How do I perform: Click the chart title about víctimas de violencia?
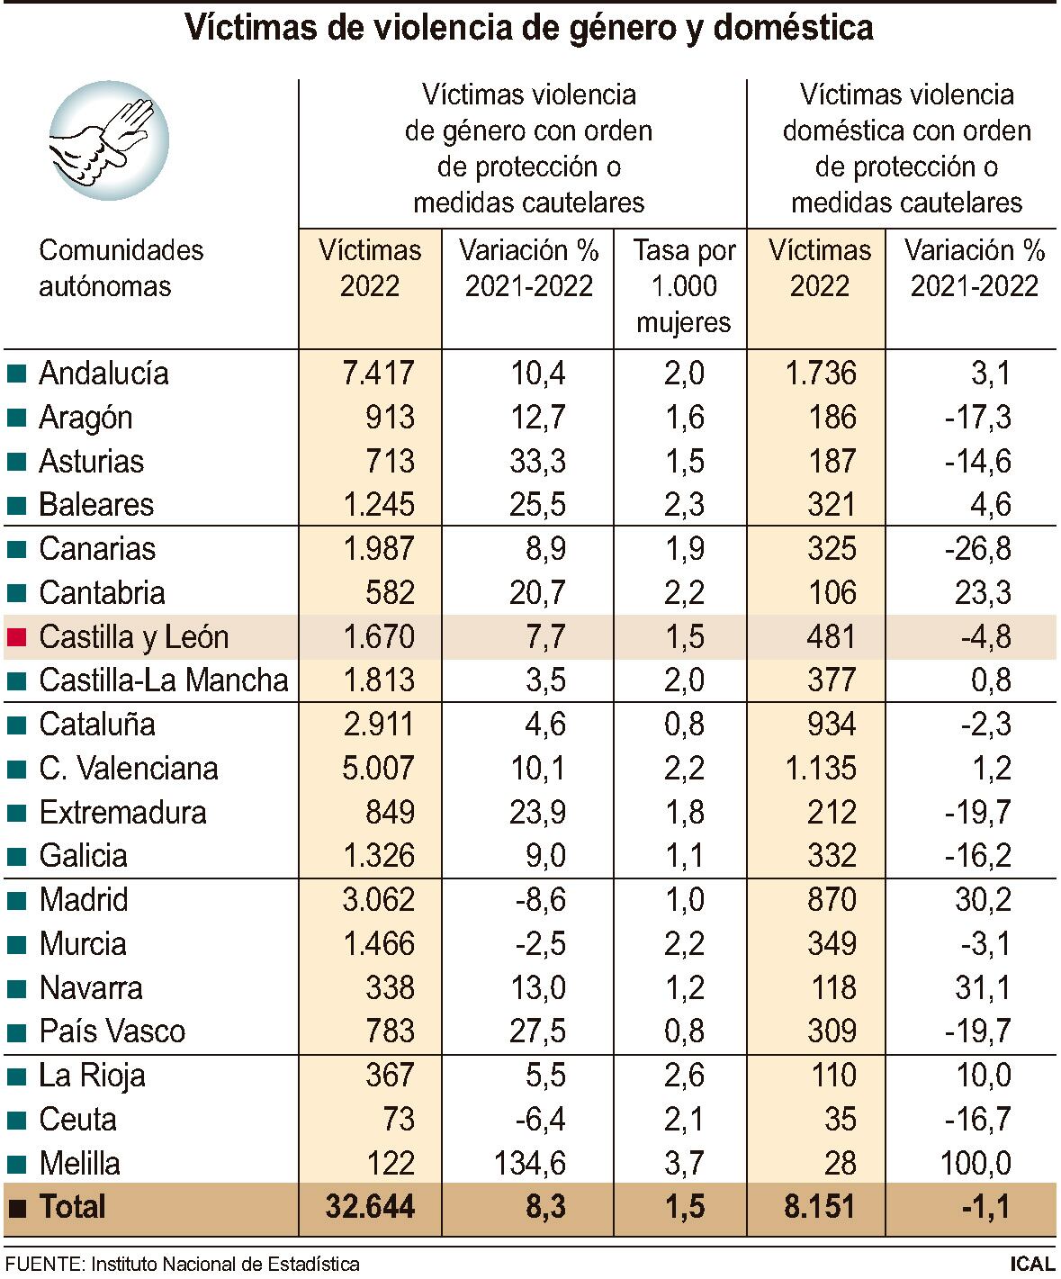coord(529,28)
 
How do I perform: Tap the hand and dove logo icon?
coord(108,140)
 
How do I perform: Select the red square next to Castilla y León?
coord(16,637)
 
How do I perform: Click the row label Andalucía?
coord(103,374)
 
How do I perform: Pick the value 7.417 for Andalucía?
coord(378,374)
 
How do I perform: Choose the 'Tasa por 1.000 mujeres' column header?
coord(683,286)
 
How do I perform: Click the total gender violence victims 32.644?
coord(371,1207)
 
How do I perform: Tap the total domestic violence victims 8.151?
coord(819,1207)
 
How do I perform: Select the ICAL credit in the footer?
coord(1031,1264)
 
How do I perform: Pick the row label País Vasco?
coord(112,1031)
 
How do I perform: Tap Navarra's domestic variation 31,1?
coord(983,987)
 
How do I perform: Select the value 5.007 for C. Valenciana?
coord(378,769)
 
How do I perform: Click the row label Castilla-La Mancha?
coord(163,680)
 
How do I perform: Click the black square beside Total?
coord(16,1207)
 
